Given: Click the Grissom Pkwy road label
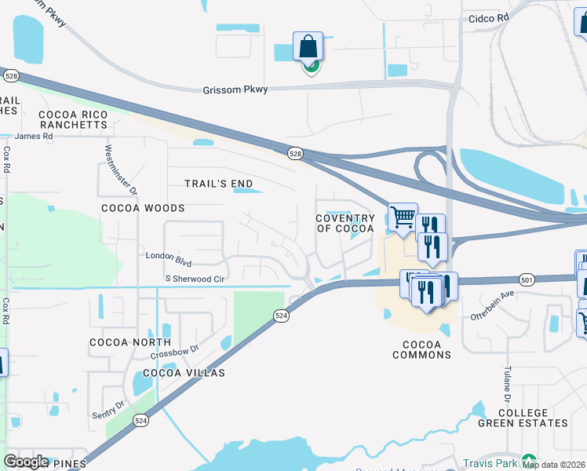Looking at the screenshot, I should (x=235, y=89).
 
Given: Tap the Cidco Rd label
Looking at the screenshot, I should (x=488, y=16).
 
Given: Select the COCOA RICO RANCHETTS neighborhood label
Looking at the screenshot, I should (x=72, y=119).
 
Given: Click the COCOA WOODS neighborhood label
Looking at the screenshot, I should (x=143, y=208).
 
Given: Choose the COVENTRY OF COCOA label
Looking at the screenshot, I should (x=345, y=223).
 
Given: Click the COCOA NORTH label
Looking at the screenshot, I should (x=130, y=342).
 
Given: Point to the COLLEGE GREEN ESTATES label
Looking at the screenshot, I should (x=523, y=418).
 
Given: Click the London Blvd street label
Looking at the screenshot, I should (x=169, y=256).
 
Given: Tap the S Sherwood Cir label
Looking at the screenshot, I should (x=195, y=279).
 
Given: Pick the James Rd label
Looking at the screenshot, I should (x=33, y=136).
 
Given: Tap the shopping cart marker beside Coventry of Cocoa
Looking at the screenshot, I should (x=403, y=217).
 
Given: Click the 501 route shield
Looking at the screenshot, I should (x=527, y=279).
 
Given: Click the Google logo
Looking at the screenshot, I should (x=27, y=462).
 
